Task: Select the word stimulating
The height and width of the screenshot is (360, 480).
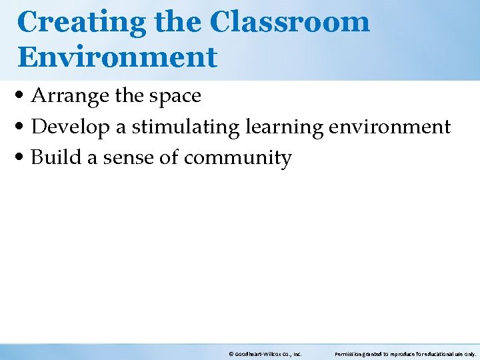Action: pyautogui.click(x=181, y=127)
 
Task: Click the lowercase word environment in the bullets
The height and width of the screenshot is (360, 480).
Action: pyautogui.click(x=390, y=127)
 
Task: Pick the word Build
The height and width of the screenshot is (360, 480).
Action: pyautogui.click(x=55, y=158)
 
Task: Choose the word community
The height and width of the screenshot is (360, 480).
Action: pyautogui.click(x=238, y=159)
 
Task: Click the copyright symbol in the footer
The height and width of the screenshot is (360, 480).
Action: pyautogui.click(x=230, y=353)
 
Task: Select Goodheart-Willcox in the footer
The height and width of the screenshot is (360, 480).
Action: pyautogui.click(x=257, y=353)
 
